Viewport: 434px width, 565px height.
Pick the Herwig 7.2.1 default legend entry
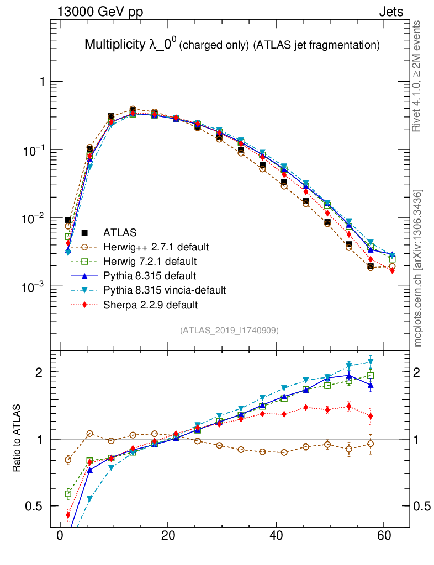click(150, 261)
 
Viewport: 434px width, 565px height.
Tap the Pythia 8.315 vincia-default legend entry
click(165, 290)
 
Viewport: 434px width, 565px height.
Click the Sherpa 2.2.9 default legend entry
click(151, 304)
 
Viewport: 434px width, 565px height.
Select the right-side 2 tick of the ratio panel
click(420, 372)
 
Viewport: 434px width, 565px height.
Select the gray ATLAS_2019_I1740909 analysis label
click(229, 331)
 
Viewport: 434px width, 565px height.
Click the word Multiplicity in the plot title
click(114, 45)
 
